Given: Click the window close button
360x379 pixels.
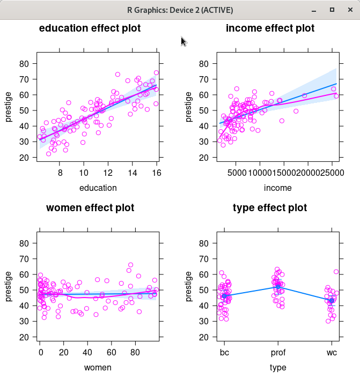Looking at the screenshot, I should [349, 10].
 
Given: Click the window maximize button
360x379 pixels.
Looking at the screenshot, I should [332, 10].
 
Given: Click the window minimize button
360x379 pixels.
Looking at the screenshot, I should [315, 10].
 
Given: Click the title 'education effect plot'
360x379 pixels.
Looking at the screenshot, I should [90, 28].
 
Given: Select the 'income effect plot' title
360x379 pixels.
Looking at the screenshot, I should [270, 28].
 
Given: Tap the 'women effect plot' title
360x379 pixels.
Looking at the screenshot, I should [90, 208].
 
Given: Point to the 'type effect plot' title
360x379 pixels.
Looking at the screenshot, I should [270, 208].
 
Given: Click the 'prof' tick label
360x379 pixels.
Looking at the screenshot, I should [277, 354].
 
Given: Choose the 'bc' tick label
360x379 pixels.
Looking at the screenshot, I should [224, 354].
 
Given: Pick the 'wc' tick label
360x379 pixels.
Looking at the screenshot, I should [331, 354].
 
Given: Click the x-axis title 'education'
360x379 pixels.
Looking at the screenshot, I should [98, 188].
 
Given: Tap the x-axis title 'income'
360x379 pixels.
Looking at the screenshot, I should [278, 188].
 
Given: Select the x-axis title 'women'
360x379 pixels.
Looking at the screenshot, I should [98, 368].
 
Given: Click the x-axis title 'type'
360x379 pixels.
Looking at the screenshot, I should [278, 368].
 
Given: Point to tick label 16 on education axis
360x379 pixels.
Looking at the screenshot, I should [156, 174].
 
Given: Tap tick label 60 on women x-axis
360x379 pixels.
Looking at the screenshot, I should [111, 354].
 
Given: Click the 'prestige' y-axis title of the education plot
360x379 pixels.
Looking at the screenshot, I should [9, 107].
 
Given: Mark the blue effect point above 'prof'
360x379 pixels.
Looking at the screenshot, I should [277, 287].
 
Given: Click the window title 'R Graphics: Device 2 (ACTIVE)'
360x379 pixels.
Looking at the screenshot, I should [180, 10].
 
